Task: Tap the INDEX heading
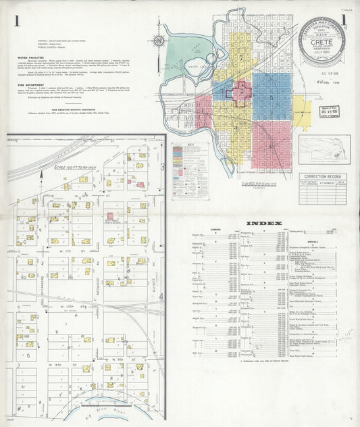coord(260,223)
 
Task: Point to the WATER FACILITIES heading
coord(32,58)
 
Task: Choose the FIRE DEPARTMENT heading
coord(31,85)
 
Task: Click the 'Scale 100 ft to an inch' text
coord(77,167)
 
